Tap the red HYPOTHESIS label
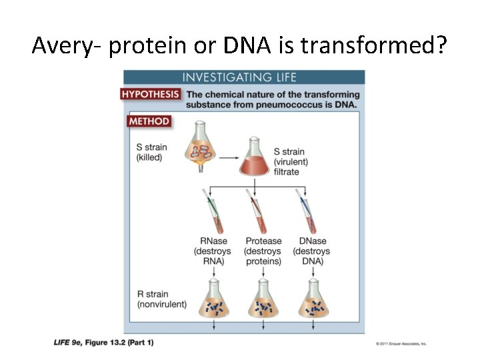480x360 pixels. click(150, 95)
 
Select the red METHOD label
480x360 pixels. click(149, 121)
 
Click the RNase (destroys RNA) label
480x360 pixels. click(213, 251)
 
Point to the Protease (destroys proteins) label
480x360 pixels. click(263, 251)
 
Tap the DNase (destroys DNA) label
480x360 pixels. click(311, 251)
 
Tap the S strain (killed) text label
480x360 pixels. click(151, 153)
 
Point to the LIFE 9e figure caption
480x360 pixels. click(103, 343)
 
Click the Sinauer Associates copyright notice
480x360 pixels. click(401, 344)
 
